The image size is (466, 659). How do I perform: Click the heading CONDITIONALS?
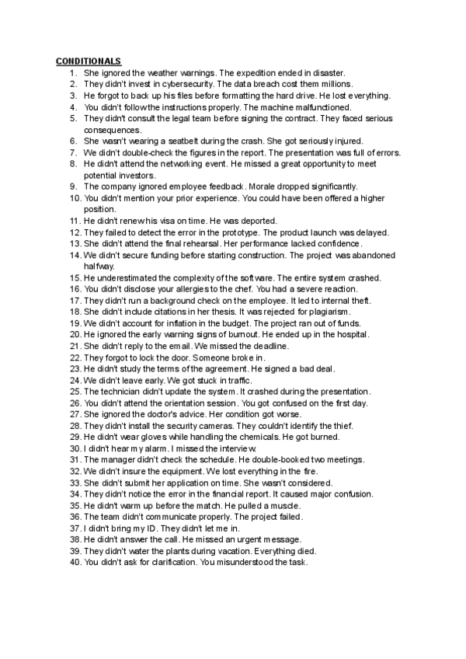click(89, 61)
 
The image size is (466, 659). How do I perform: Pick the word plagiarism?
click(328, 312)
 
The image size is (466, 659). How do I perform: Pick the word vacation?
click(219, 551)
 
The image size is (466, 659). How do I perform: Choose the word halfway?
click(99, 266)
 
